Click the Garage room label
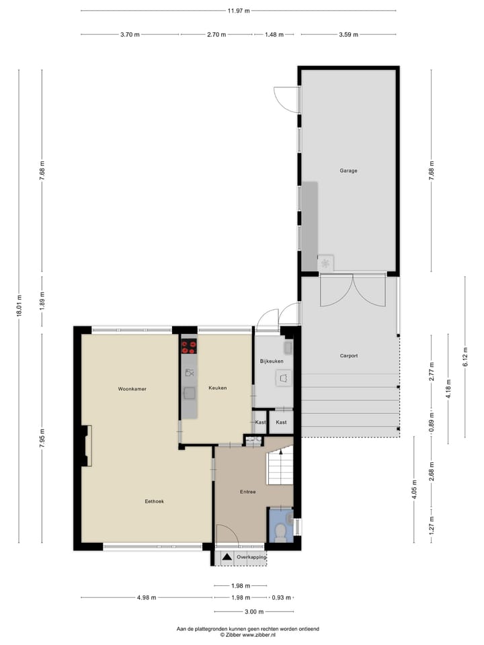(348, 171)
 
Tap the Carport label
(348, 356)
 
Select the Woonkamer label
(132, 389)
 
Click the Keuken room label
(218, 388)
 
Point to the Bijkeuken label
(272, 361)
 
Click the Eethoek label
(155, 501)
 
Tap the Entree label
(247, 492)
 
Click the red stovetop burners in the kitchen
(189, 347)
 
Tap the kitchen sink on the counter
(190, 393)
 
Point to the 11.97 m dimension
(238, 11)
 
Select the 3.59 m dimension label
(348, 34)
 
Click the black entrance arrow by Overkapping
(227, 557)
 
